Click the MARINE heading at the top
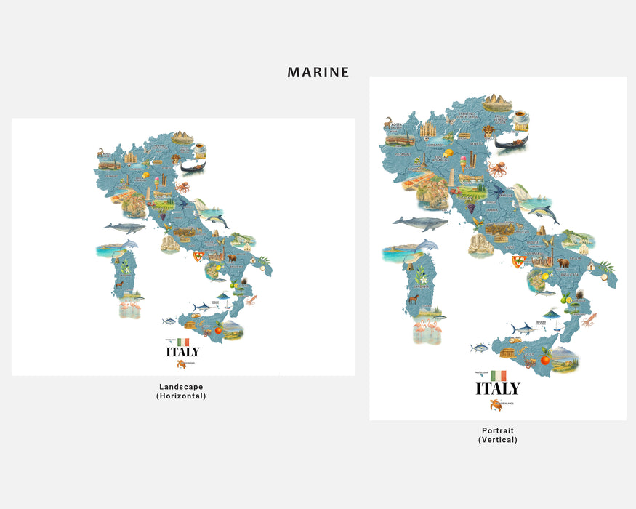coord(318,72)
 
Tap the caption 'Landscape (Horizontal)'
coord(181,391)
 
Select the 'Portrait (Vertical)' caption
coord(498,435)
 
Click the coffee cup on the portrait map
coord(521,117)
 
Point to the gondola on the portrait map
coord(512,141)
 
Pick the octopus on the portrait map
coord(499,171)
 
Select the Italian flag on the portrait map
coord(498,375)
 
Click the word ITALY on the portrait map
coord(498,388)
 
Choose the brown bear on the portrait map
coord(563,262)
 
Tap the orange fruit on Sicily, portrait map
coord(544,359)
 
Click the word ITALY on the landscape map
coord(182,352)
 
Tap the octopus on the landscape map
coord(182,188)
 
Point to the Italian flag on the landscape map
coord(183,342)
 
